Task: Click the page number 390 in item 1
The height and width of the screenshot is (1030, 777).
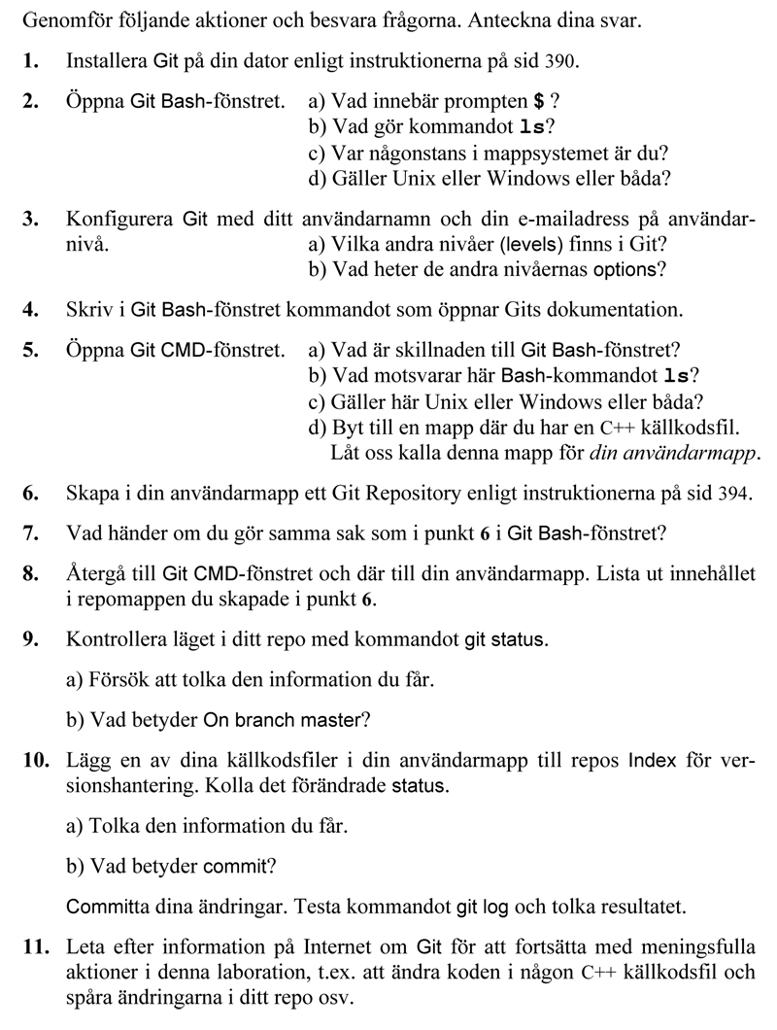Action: [x=563, y=61]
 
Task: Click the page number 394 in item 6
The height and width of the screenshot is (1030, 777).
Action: [x=734, y=494]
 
